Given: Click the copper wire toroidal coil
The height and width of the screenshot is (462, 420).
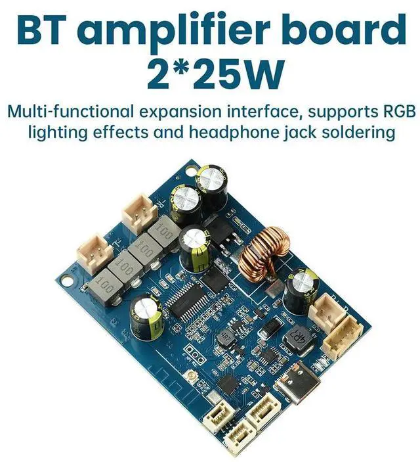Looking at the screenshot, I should point(263,260).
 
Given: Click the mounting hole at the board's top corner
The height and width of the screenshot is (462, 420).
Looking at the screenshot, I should point(191,170).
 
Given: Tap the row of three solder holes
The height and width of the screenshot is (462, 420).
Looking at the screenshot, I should point(192,351).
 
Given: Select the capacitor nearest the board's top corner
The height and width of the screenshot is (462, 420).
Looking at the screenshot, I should point(215,182).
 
